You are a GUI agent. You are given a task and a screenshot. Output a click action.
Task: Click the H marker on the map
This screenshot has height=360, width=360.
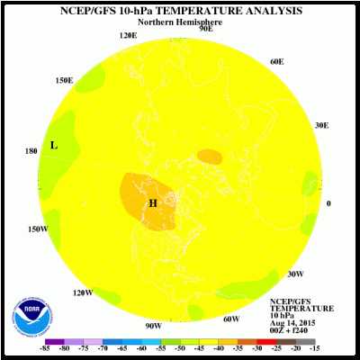[x=153, y=203]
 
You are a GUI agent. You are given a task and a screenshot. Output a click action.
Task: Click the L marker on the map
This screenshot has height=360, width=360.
[x=54, y=145]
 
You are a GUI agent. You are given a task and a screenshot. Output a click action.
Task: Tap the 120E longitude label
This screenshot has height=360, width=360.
[x=128, y=35]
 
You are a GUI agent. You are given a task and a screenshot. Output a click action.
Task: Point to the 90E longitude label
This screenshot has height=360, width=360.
[x=205, y=29]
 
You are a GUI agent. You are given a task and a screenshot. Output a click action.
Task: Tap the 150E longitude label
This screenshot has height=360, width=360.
[x=64, y=80]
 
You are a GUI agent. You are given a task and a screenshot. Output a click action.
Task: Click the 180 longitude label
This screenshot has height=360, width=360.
[x=31, y=151]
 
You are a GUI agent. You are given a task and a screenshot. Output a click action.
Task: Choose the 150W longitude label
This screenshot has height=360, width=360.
[x=37, y=229]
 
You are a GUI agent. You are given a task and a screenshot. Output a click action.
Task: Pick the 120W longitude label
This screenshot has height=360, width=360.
[x=83, y=292]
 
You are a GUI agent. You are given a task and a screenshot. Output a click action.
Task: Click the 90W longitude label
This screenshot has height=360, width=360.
[x=153, y=325]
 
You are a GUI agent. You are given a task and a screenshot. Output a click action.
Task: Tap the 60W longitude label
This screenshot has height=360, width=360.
[x=230, y=319]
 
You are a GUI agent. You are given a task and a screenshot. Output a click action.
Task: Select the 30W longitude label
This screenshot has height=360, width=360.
[x=295, y=274]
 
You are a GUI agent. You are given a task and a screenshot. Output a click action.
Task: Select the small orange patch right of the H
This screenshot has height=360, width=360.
[x=210, y=157]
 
